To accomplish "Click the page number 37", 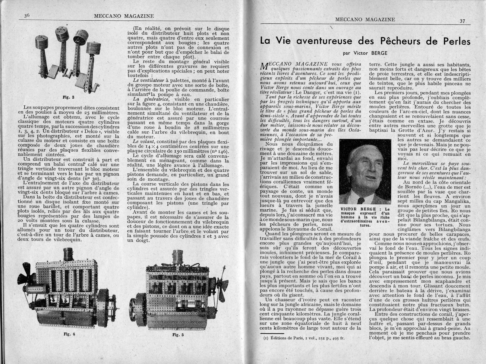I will click(x=462, y=22).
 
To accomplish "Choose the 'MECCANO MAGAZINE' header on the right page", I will click(x=365, y=20).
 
